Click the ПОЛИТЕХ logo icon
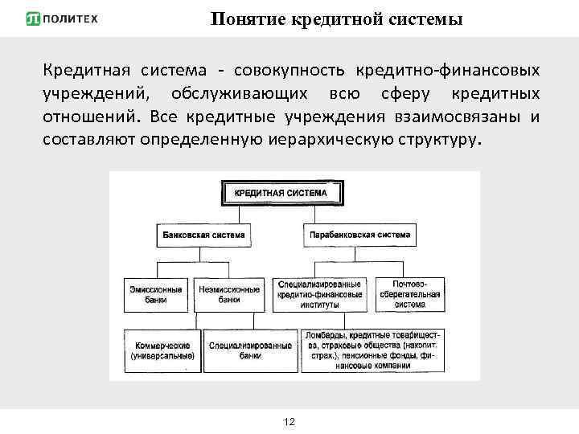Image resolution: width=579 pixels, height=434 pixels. [x=34, y=18]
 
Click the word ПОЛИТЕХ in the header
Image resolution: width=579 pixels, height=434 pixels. [x=71, y=18]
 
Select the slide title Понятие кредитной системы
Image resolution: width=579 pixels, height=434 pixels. [x=337, y=19]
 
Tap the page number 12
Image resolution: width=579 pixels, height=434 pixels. [x=289, y=422]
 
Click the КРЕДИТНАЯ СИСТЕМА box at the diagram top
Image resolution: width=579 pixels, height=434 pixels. [x=281, y=193]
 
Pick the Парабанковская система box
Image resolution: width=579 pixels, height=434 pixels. [x=360, y=236]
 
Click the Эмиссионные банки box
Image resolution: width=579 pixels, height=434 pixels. [x=156, y=294]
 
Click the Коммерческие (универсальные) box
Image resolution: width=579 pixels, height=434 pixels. [x=162, y=350]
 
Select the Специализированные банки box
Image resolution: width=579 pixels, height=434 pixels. [x=249, y=350]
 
